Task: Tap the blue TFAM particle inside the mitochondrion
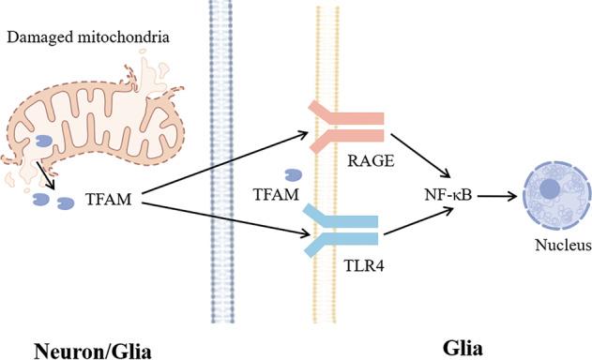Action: pyautogui.click(x=45, y=142)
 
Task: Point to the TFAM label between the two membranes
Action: pyautogui.click(x=276, y=195)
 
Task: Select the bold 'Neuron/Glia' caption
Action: pyautogui.click(x=85, y=348)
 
